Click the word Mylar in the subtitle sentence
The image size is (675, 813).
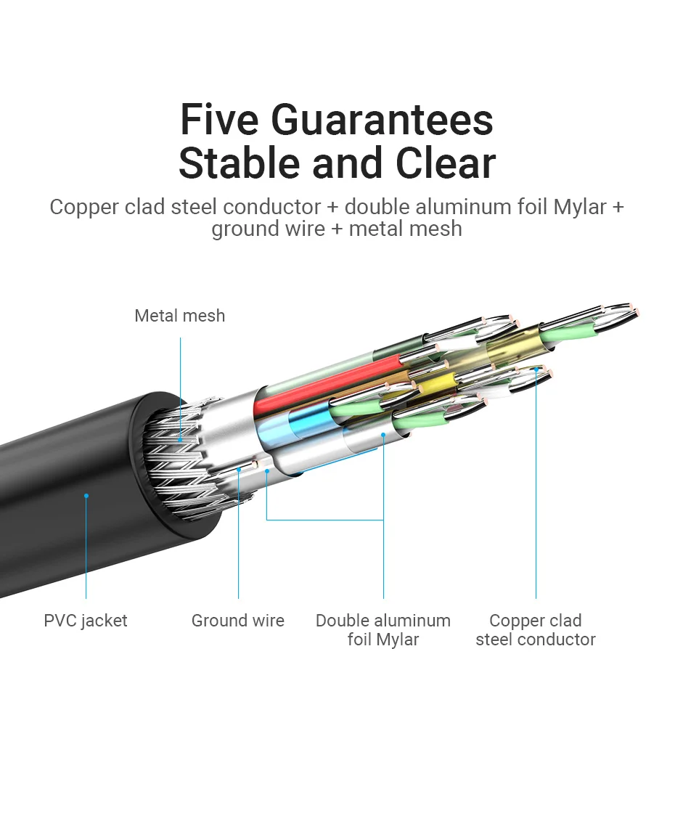tap(579, 207)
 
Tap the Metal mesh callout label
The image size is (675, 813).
tap(180, 316)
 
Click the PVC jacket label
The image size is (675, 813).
tap(86, 621)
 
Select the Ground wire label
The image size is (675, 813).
tap(238, 621)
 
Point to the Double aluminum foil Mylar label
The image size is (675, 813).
tap(383, 629)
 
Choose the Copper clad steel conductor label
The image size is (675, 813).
tap(536, 629)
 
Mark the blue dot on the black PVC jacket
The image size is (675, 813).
tap(86, 496)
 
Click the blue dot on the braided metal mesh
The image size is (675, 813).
tap(180, 439)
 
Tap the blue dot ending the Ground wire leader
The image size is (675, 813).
tap(238, 470)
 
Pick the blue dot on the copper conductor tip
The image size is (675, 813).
tap(536, 369)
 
